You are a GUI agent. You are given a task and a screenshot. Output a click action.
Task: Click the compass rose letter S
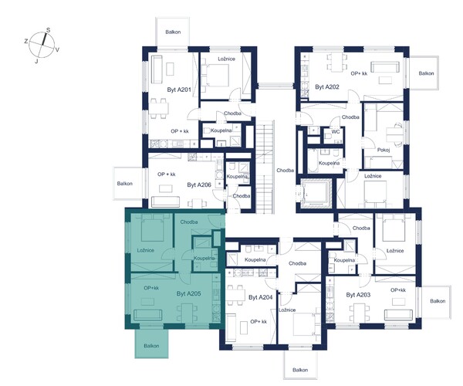[48, 30]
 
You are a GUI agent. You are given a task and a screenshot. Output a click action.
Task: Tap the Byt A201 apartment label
[179, 90]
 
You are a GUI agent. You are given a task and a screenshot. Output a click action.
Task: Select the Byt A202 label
[327, 86]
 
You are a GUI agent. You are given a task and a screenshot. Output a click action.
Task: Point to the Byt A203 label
[358, 295]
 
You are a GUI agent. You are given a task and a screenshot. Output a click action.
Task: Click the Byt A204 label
[261, 297]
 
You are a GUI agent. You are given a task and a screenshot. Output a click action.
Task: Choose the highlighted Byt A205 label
[189, 293]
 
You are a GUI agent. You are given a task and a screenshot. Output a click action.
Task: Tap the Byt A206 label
[199, 185]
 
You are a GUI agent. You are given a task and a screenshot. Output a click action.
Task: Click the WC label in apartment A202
[336, 132]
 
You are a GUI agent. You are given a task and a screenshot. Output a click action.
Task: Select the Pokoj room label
[384, 150]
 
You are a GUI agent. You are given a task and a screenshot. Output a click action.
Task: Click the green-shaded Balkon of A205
[151, 344]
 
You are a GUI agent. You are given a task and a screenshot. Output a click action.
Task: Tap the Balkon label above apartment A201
[173, 32]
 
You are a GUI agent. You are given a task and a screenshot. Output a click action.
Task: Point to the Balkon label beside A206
[124, 184]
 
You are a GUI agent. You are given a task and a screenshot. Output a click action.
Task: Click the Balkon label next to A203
[438, 301]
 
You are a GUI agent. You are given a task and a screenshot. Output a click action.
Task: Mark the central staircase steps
[265, 167]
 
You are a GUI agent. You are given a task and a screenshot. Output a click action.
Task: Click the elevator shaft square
[315, 194]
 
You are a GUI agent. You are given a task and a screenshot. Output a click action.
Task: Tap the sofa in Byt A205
[147, 315]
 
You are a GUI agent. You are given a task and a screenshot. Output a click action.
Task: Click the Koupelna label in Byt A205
[204, 258]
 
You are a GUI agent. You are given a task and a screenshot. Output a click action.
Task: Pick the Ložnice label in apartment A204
[287, 310]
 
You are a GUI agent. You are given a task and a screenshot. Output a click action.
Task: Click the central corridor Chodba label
[285, 171]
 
